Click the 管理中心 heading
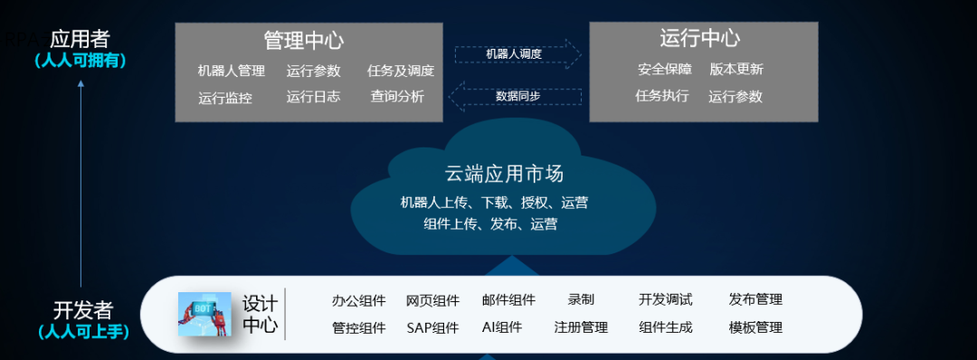(x=304, y=41)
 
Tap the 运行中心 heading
(x=699, y=38)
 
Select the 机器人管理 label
(x=231, y=71)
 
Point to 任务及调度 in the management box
(x=401, y=71)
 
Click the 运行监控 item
(x=225, y=98)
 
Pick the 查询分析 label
(x=397, y=97)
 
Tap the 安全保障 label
(x=665, y=70)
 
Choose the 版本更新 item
(x=736, y=70)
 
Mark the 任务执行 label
(x=662, y=96)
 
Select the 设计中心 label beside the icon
(x=260, y=314)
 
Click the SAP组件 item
(x=432, y=327)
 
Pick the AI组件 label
(x=502, y=327)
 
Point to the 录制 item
(x=581, y=299)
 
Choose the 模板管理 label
(x=755, y=327)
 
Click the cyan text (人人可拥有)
(x=81, y=61)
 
